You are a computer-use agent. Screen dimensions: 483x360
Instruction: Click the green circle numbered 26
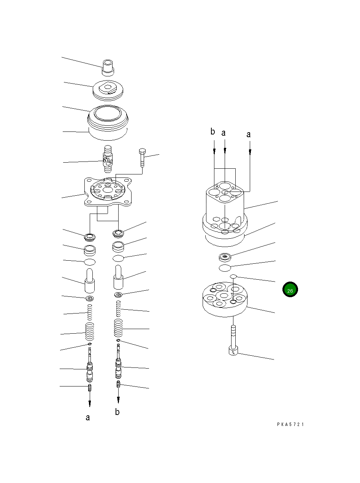290,290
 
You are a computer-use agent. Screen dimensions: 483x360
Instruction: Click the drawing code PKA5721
290,424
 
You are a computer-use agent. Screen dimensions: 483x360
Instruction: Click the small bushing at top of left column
108,67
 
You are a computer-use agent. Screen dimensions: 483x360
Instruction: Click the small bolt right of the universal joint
142,157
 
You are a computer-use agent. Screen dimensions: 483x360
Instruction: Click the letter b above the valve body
213,132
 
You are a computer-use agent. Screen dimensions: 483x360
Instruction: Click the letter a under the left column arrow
88,418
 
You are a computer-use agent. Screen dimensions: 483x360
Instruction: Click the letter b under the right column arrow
117,412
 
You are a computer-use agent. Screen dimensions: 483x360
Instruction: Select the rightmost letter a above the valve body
249,134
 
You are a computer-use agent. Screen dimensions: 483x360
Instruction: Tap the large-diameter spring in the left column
89,332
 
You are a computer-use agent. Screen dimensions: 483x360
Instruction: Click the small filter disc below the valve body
226,257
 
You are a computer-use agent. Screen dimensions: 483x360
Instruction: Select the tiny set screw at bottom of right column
119,384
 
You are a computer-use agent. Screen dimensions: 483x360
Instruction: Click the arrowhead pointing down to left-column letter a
89,403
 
